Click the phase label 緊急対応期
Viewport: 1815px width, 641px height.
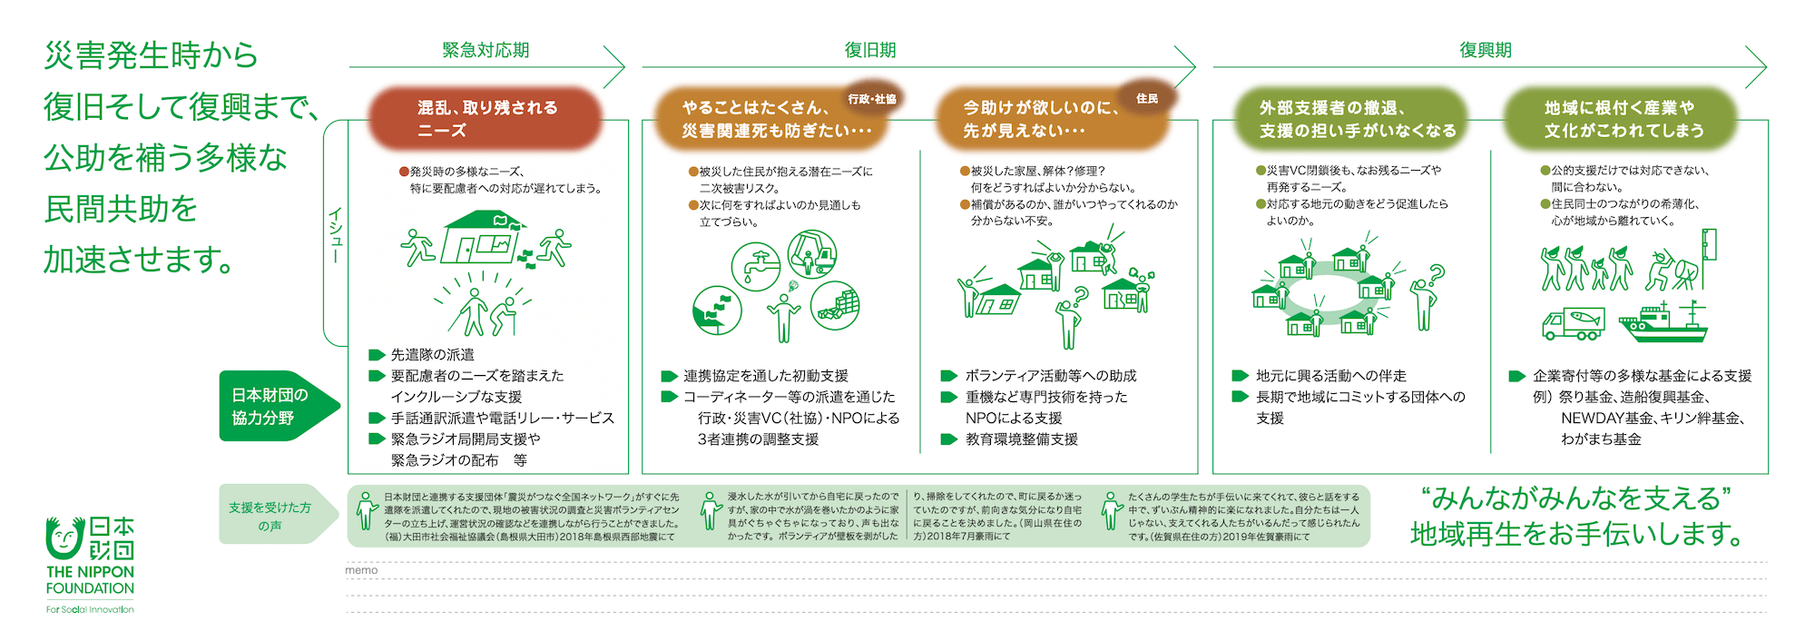(x=486, y=51)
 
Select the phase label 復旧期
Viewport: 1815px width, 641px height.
(x=870, y=51)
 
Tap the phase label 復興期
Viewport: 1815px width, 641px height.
(x=1486, y=51)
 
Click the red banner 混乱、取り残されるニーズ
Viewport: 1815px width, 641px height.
(x=486, y=119)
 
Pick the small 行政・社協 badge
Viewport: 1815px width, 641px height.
(x=871, y=99)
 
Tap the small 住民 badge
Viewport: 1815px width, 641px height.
(x=1147, y=98)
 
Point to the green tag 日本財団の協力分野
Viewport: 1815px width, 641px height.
(x=270, y=406)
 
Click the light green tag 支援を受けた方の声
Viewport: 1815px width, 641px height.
(x=270, y=516)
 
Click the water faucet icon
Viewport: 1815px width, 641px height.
(x=756, y=266)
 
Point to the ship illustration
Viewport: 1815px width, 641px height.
(x=1663, y=322)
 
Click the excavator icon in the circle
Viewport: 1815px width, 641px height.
(x=812, y=253)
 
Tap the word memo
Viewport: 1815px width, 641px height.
(x=361, y=570)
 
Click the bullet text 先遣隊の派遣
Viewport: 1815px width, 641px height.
(x=432, y=355)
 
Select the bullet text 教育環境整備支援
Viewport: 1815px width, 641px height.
(x=1021, y=439)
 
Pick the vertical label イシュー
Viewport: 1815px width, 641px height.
(x=336, y=235)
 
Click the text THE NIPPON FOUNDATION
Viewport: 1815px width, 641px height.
(x=90, y=580)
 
